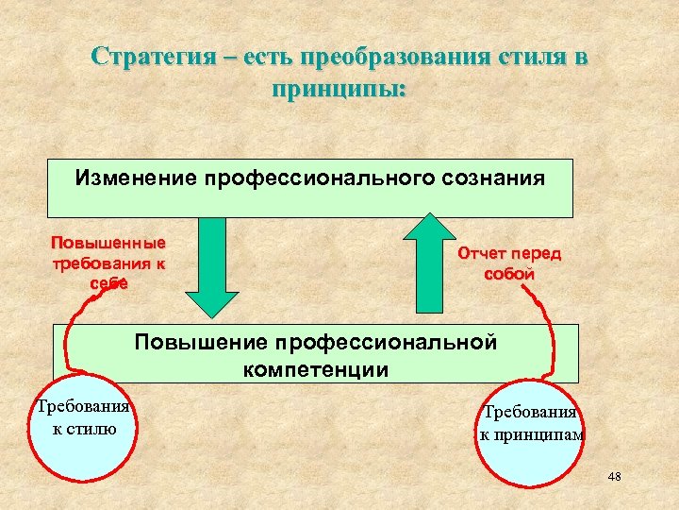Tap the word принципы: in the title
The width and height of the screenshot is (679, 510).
point(339,90)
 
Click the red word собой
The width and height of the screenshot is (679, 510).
point(508,274)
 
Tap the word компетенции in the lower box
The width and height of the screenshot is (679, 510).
point(315,369)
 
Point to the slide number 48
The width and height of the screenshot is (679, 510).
point(615,477)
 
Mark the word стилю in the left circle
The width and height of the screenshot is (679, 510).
point(92,430)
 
